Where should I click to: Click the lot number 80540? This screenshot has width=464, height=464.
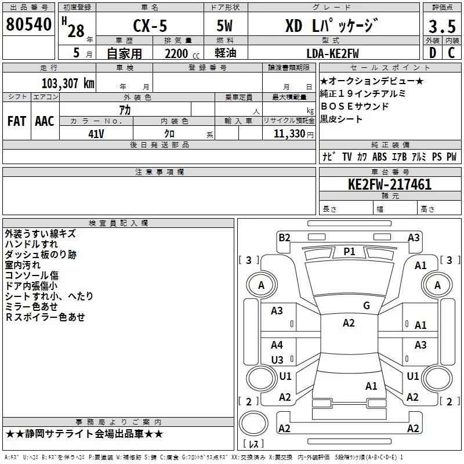click(28, 24)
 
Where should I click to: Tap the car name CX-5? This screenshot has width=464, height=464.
click(150, 26)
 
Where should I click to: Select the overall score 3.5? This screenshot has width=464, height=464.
click(442, 26)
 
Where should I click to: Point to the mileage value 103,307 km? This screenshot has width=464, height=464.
click(68, 84)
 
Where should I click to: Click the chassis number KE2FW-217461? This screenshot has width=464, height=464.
click(390, 184)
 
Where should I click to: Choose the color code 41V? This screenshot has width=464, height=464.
click(96, 134)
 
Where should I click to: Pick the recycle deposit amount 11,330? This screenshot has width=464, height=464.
click(289, 134)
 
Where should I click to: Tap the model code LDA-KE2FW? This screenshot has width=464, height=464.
click(332, 53)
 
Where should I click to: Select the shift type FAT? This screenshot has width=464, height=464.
click(17, 121)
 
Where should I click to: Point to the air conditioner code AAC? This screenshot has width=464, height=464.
click(45, 121)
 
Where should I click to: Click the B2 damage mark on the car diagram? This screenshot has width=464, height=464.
click(284, 238)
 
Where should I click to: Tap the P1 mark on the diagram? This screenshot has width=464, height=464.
click(349, 252)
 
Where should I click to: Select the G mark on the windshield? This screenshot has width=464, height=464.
click(367, 305)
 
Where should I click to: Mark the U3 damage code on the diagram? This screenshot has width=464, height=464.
click(277, 360)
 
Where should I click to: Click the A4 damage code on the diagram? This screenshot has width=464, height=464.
click(277, 345)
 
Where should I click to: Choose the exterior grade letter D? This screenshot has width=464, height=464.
click(433, 53)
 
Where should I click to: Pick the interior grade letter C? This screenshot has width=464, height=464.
click(451, 53)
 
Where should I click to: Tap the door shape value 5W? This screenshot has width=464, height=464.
click(224, 26)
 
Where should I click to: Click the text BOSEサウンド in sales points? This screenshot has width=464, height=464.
click(354, 106)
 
